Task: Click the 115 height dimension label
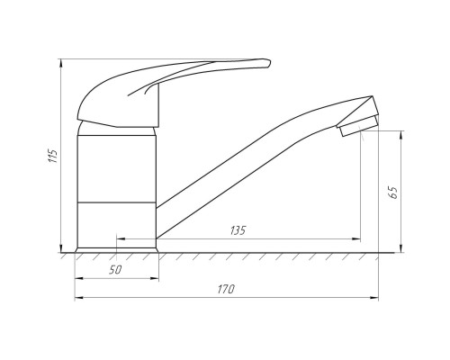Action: (x=53, y=156)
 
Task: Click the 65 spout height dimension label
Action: (x=393, y=193)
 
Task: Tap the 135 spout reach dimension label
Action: (x=238, y=230)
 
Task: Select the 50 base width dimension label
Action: (x=115, y=270)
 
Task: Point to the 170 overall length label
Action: (x=226, y=289)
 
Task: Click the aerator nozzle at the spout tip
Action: (x=358, y=126)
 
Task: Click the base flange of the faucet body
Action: (x=117, y=250)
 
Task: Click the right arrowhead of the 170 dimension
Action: (x=374, y=298)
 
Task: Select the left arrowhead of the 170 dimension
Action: (x=79, y=298)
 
